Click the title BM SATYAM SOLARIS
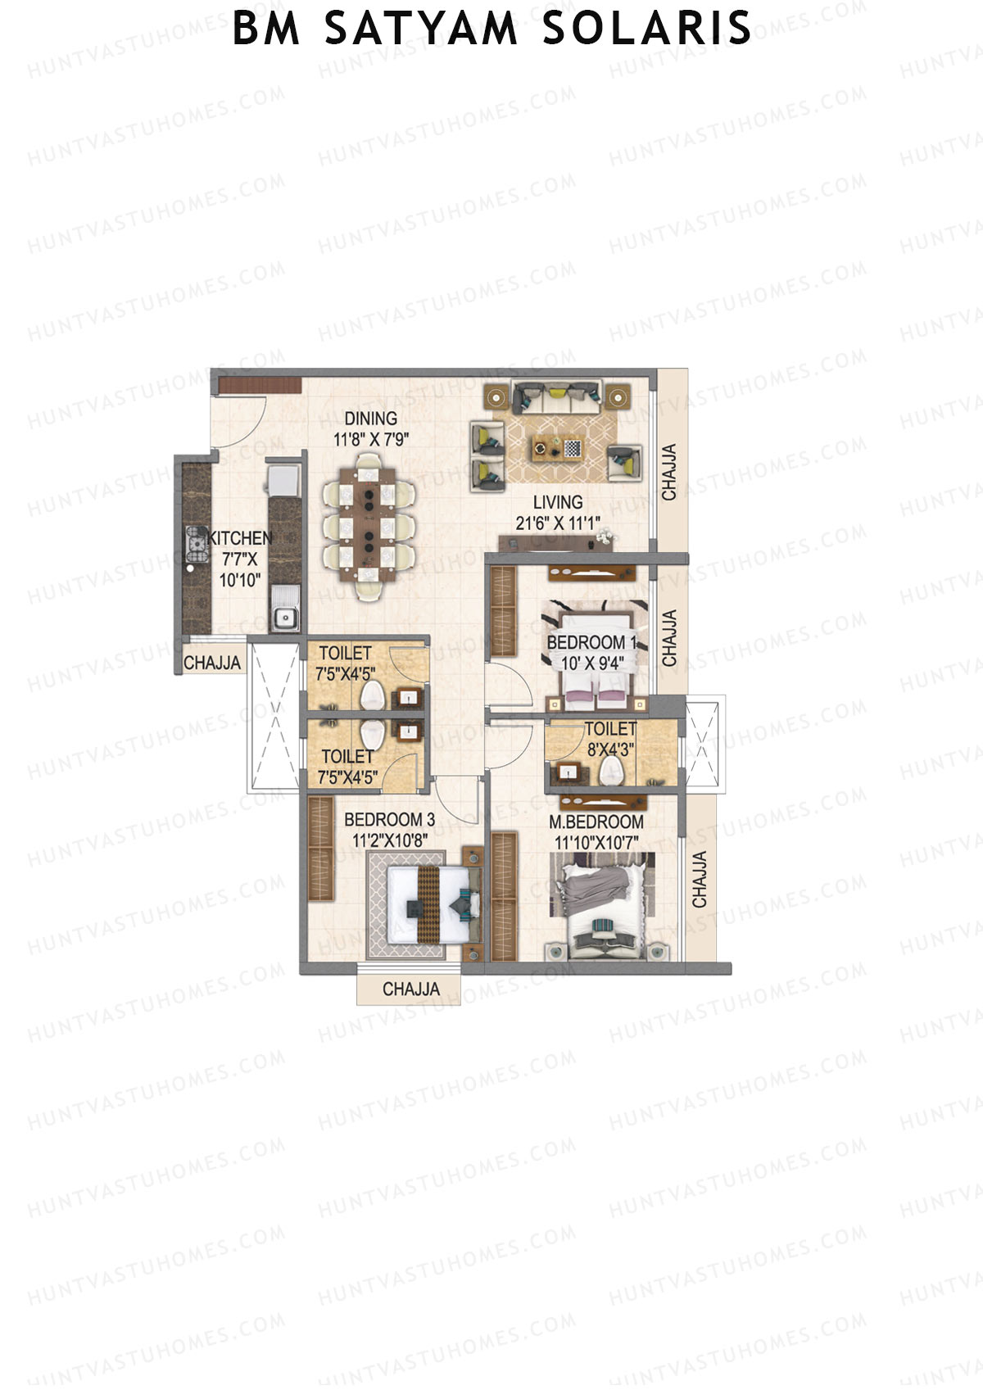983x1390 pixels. (x=491, y=28)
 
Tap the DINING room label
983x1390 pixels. (x=370, y=419)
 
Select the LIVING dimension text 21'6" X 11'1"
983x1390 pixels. (x=558, y=523)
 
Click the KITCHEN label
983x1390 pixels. (x=239, y=538)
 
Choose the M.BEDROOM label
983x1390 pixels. (x=596, y=822)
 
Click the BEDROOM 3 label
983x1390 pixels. (x=389, y=819)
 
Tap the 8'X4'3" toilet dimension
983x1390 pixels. (x=610, y=749)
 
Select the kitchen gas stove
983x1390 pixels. (x=196, y=541)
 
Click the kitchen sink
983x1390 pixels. (x=284, y=618)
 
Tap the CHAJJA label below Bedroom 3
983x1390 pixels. (x=410, y=989)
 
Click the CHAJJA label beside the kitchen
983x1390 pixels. (x=212, y=663)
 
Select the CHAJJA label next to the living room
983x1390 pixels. (x=669, y=473)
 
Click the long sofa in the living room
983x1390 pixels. (x=556, y=397)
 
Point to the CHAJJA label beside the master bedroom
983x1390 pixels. (x=700, y=880)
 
